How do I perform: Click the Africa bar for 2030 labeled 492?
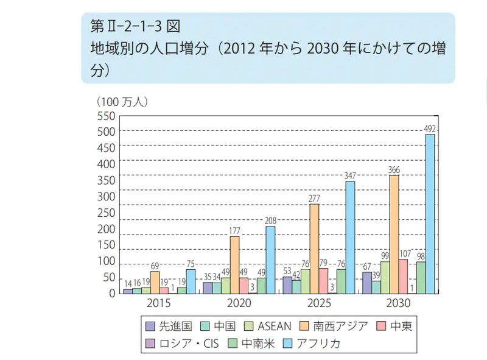tap(430, 214)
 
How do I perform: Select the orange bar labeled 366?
tap(394, 235)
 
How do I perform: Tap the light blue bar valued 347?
tap(350, 238)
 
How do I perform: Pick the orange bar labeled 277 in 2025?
tap(314, 249)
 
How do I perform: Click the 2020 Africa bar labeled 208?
tap(270, 260)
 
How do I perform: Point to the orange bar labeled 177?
tap(234, 265)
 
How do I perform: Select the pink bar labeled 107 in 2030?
tap(403, 276)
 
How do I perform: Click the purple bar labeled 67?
tap(367, 283)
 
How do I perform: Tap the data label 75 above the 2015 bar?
tap(191, 263)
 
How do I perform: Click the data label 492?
tap(430, 128)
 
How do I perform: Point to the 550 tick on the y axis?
tap(105, 115)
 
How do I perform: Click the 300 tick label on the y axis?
tap(105, 197)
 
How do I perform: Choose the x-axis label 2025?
tap(318, 303)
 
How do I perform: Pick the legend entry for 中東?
tap(399, 326)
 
